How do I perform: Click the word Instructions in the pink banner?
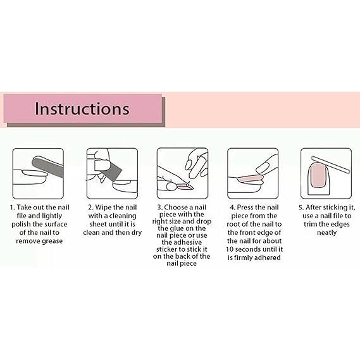tap(82, 109)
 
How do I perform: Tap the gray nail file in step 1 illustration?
tap(47, 166)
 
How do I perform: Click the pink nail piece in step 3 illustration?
tap(185, 187)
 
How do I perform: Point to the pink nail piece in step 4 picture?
tap(251, 178)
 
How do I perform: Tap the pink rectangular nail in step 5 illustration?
tap(318, 175)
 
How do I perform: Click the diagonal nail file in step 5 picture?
tap(330, 164)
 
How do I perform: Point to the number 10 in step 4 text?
tap(230, 249)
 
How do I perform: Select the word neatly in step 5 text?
tap(326, 233)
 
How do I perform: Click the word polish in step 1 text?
tap(21, 225)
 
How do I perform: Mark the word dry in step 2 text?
tap(137, 233)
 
